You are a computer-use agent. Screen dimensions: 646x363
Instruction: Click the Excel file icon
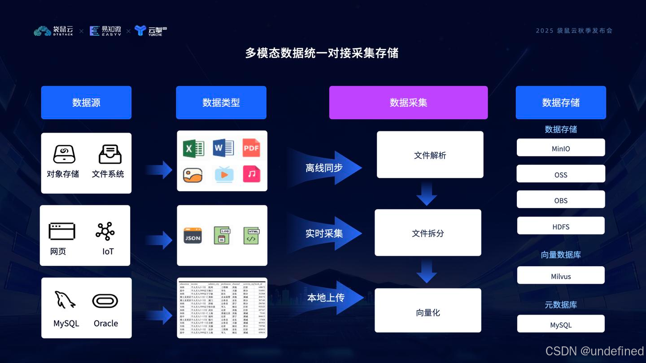pyautogui.click(x=193, y=148)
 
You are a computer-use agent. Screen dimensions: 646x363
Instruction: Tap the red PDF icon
pyautogui.click(x=251, y=148)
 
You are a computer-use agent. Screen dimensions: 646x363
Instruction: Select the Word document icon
pyautogui.click(x=223, y=148)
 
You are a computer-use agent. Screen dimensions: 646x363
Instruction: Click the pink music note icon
pyautogui.click(x=251, y=174)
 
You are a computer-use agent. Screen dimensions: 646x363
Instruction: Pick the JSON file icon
pyautogui.click(x=193, y=236)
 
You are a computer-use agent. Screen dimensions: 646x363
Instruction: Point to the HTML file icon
pyautogui.click(x=251, y=236)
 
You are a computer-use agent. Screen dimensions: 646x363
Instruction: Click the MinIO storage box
pyautogui.click(x=561, y=148)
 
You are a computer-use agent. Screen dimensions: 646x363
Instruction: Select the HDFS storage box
pyautogui.click(x=561, y=226)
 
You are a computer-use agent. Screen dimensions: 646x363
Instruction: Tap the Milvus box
pyautogui.click(x=561, y=276)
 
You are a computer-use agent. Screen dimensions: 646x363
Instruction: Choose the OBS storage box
pyautogui.click(x=561, y=200)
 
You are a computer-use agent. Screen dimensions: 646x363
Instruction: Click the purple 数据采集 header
pyautogui.click(x=408, y=103)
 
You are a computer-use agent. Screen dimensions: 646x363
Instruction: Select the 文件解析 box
pyautogui.click(x=430, y=155)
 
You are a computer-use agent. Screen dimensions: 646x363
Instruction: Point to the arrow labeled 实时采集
pyautogui.click(x=325, y=233)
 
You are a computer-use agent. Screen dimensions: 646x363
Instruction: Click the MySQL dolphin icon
pyautogui.click(x=65, y=300)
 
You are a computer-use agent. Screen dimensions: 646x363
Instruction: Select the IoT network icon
pyautogui.click(x=105, y=231)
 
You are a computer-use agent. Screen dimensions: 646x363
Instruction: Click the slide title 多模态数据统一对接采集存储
pyautogui.click(x=322, y=53)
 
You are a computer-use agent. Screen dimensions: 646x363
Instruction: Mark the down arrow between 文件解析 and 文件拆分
pyautogui.click(x=427, y=194)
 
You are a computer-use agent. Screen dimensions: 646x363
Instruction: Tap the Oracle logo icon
pyautogui.click(x=105, y=301)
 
